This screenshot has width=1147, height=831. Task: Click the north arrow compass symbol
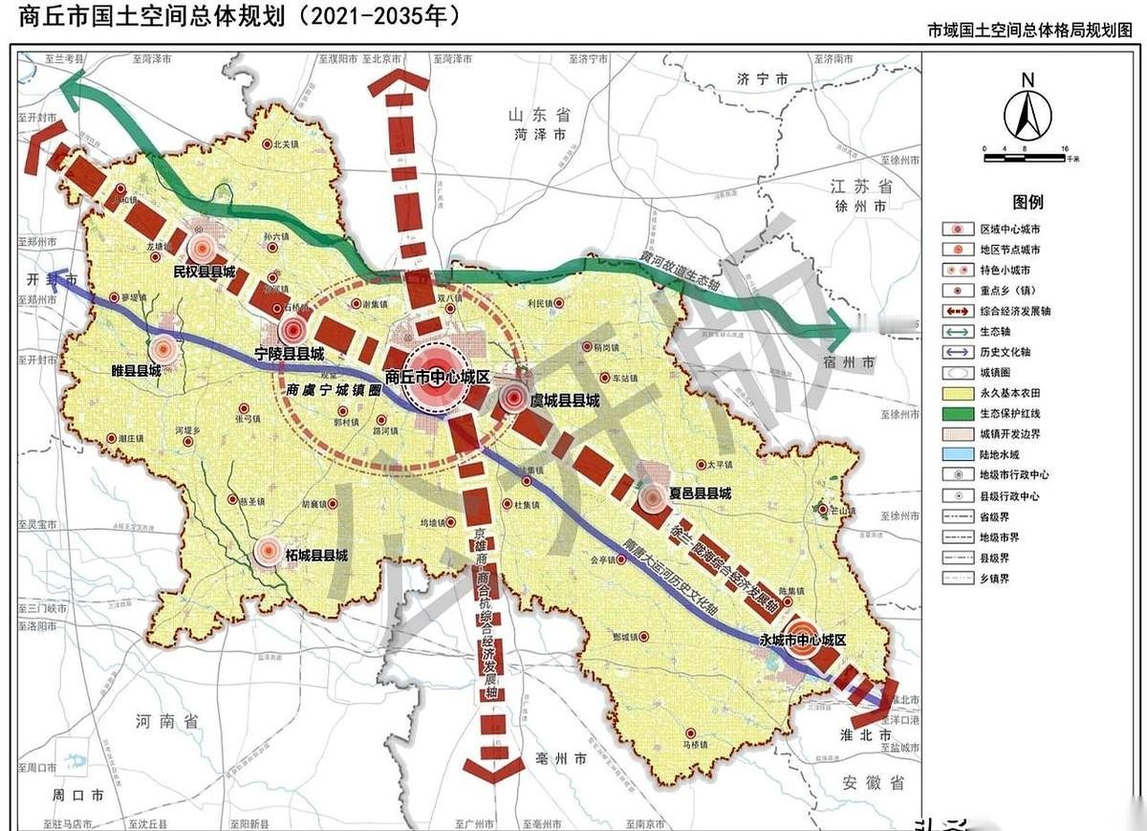[x=1028, y=110]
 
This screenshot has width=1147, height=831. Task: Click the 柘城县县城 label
[x=315, y=555]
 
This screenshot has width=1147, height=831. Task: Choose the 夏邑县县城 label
[x=700, y=493]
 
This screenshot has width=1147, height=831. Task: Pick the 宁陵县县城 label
[x=290, y=354]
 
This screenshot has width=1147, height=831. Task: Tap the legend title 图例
[x=1028, y=203]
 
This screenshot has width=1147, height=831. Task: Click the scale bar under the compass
[x=1025, y=150]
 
